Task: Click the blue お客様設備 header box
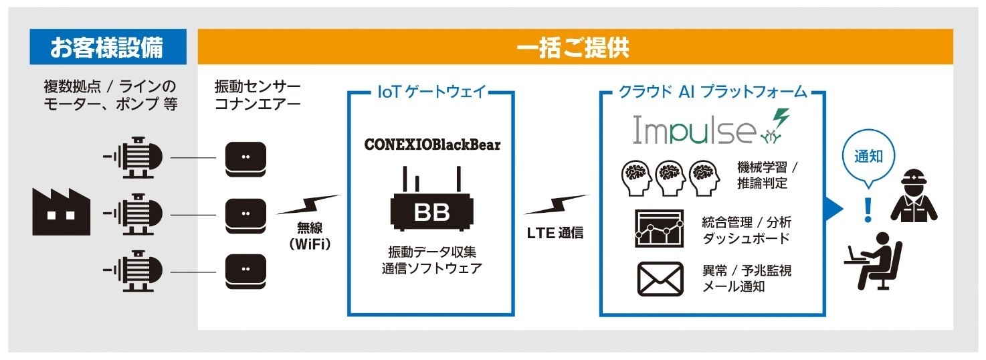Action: click(x=107, y=48)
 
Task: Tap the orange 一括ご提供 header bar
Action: click(x=575, y=48)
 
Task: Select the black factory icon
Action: click(x=61, y=212)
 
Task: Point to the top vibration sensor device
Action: click(x=244, y=158)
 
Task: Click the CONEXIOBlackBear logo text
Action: click(x=431, y=145)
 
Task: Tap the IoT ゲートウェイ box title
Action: click(x=431, y=92)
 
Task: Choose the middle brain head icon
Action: click(x=672, y=176)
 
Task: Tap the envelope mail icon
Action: click(x=659, y=279)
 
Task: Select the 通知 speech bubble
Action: click(x=868, y=158)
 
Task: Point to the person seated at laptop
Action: click(x=873, y=261)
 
